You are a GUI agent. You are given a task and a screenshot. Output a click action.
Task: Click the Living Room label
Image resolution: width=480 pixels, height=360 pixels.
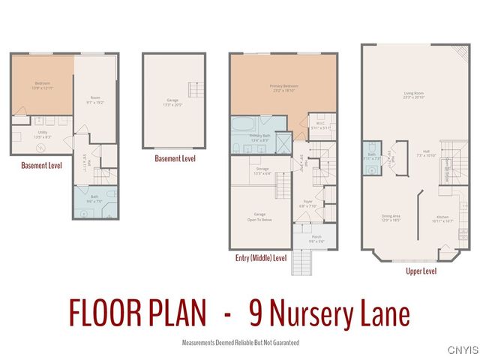click(x=414, y=95)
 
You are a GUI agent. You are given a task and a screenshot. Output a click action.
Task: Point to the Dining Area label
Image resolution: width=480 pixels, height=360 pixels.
click(x=391, y=218)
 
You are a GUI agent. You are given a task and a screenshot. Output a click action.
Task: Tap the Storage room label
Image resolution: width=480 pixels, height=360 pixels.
click(x=262, y=171)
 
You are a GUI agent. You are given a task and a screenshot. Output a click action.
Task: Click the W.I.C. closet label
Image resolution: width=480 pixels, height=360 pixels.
click(x=319, y=126)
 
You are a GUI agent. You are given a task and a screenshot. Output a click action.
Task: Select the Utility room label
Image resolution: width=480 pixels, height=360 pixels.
click(x=42, y=135)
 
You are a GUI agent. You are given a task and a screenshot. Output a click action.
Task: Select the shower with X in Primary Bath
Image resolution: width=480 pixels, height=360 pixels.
click(x=283, y=141)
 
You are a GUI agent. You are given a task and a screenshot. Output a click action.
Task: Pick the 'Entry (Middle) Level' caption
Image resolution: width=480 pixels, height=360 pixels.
click(x=260, y=257)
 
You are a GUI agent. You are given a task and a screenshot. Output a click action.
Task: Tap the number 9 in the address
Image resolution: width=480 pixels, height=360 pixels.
click(x=254, y=313)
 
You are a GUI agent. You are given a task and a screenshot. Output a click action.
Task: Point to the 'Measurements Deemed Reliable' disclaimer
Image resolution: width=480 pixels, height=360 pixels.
click(x=240, y=342)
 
